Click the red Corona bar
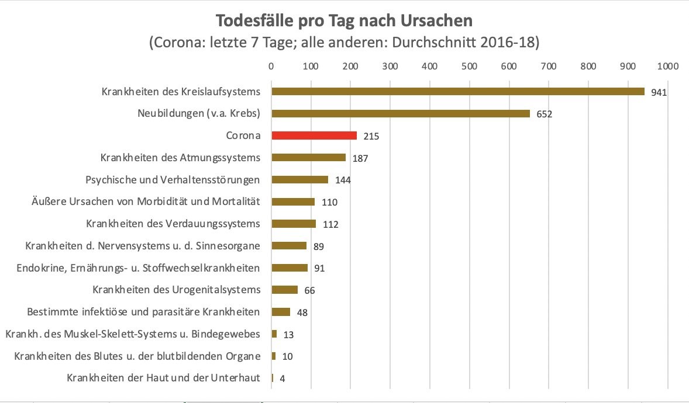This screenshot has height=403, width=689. (x=314, y=136)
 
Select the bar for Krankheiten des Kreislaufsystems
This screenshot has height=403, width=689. (x=457, y=92)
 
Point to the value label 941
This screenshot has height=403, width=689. (x=659, y=92)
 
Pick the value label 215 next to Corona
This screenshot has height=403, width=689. (x=371, y=136)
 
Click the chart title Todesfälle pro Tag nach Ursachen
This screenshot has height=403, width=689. (x=344, y=21)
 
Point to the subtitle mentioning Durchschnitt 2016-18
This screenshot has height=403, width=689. (x=344, y=43)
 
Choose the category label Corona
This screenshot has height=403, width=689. (x=243, y=136)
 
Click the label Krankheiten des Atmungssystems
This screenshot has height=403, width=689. (x=180, y=158)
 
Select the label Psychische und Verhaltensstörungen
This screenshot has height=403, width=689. (x=173, y=180)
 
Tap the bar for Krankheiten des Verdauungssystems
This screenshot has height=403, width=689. (x=294, y=224)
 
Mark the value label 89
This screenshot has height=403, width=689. (x=318, y=246)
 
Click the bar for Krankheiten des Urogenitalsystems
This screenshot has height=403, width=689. (x=285, y=290)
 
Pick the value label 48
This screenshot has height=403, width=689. (x=302, y=312)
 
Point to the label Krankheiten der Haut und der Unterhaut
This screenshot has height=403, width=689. (x=163, y=378)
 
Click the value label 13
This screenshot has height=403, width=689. (x=288, y=335)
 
